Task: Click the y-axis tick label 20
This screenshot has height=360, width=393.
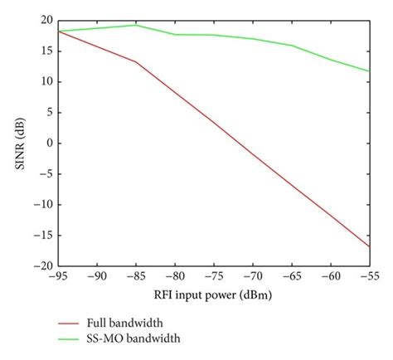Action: point(45,20)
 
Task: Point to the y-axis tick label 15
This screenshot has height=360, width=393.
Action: point(45,51)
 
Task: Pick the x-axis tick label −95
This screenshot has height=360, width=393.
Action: point(57,279)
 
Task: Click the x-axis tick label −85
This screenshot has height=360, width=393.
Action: point(137,279)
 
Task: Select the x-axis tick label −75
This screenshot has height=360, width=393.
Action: point(214,279)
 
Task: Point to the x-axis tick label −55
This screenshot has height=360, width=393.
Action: point(367,279)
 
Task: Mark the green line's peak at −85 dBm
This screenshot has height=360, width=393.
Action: point(137,25)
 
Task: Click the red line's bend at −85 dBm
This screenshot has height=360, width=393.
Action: point(137,61)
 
